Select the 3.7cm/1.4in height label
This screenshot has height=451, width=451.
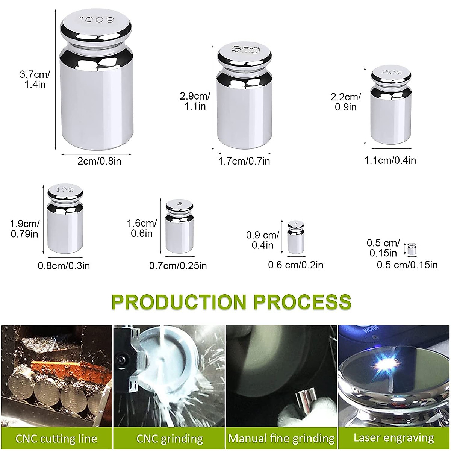[x=34, y=79]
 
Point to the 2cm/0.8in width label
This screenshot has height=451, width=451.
[x=99, y=162]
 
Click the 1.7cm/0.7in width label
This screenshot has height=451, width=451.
[x=244, y=162]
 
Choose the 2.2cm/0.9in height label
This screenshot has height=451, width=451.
[x=345, y=102]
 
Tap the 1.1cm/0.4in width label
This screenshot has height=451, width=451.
[x=390, y=160]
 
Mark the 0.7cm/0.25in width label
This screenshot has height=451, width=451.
[x=178, y=266]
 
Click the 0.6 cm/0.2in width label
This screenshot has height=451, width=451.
[x=295, y=265]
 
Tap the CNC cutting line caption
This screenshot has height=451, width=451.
[x=56, y=438]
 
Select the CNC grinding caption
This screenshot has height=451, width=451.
[x=170, y=438]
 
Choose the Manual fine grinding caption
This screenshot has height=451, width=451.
[x=281, y=438]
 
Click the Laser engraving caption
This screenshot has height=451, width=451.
[x=393, y=438]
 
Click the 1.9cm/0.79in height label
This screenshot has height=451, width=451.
[x=24, y=229]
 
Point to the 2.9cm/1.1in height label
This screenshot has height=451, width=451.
[x=195, y=101]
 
